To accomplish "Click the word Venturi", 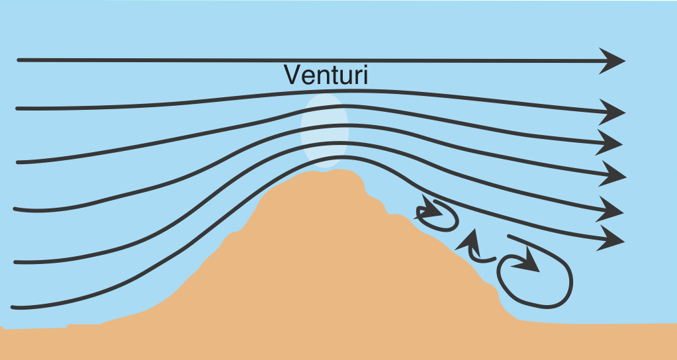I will point(326,75).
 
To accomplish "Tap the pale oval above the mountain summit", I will point(324,130).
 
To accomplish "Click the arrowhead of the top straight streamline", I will point(614,61).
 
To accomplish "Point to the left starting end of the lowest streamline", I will point(14,307).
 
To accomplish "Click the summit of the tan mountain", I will point(334,172).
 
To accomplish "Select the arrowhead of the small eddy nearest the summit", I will point(430,210).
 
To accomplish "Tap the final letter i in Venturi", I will point(365,75).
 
